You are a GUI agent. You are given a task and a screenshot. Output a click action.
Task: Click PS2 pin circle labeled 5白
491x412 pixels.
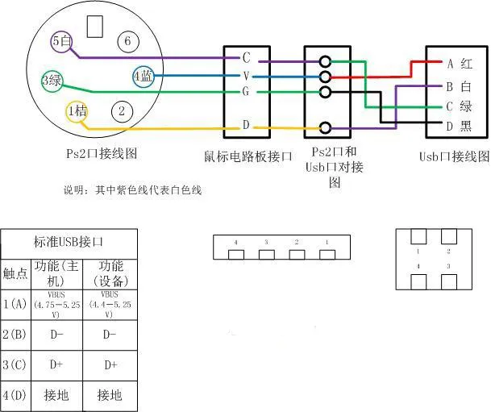pos(61,40)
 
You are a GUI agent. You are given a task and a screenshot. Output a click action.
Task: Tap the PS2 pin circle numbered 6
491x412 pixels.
pos(126,41)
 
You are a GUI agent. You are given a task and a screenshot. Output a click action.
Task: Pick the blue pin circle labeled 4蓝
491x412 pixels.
pos(144,77)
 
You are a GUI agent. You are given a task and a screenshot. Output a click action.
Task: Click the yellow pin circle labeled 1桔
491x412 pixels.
pos(77,111)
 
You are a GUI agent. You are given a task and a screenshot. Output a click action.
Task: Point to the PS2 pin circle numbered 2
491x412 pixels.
pos(122,110)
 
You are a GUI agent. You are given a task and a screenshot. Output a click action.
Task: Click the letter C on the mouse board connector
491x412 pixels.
pos(247,58)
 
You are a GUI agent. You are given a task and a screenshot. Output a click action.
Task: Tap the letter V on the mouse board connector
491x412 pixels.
pos(247,76)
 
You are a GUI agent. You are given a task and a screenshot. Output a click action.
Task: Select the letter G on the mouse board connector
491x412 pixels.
pos(247,93)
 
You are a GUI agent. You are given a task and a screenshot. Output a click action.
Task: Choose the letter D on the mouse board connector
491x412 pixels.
pos(247,126)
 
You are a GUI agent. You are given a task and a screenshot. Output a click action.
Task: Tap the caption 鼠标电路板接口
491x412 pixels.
pos(248,156)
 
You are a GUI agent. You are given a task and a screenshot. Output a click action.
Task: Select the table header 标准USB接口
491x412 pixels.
pos(69,242)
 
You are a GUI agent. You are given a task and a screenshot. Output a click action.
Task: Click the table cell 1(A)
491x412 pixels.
pos(15,304)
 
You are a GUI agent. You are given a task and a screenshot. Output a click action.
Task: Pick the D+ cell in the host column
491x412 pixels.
pos(56,364)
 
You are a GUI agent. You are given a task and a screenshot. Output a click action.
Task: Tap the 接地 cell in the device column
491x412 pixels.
pos(110,395)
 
